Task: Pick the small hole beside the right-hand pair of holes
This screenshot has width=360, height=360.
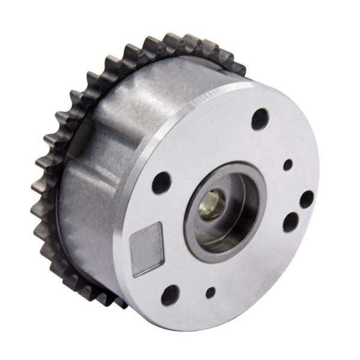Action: [x=288, y=164]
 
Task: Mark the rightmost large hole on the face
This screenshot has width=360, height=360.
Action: [x=306, y=199]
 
